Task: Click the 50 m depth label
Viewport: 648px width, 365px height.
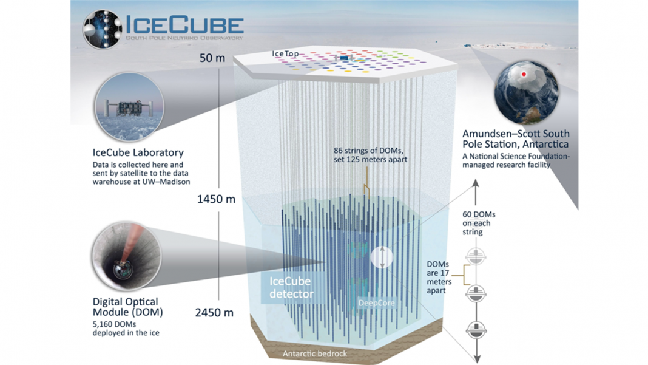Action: click(x=212, y=58)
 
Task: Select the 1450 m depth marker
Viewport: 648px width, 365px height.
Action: click(x=216, y=199)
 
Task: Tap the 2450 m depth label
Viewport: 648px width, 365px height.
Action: click(x=214, y=312)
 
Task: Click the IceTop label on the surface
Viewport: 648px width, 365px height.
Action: click(x=285, y=54)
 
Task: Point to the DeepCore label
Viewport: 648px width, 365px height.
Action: click(x=377, y=303)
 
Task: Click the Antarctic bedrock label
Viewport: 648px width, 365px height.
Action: click(x=315, y=354)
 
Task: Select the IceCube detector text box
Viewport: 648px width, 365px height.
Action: click(x=291, y=287)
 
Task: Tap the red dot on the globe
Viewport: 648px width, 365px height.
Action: click(x=524, y=75)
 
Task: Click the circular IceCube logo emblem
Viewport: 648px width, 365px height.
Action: click(x=103, y=29)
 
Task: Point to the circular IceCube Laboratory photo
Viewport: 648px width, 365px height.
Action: click(x=129, y=107)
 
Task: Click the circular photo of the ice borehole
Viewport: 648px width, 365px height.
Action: click(x=126, y=256)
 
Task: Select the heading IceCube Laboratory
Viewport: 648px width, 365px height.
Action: click(x=138, y=152)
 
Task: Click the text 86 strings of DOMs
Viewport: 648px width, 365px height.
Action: click(x=368, y=151)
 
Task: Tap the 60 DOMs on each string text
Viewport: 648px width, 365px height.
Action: click(x=479, y=223)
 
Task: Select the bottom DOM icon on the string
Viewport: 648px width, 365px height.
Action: click(x=476, y=330)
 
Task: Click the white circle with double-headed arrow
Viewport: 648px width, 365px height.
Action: click(x=382, y=258)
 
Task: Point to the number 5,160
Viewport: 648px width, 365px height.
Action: click(x=104, y=324)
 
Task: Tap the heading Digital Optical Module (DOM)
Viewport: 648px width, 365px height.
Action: click(x=127, y=307)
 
